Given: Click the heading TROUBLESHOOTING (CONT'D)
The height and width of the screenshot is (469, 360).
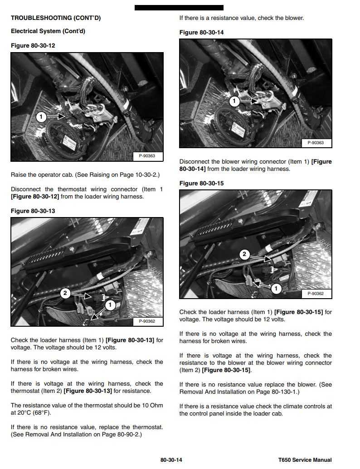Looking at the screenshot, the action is pos(56,18).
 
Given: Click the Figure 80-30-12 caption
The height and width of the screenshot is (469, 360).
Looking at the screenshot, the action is pos(33,46).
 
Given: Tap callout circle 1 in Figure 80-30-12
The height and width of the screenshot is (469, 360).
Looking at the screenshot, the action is pos(41,116).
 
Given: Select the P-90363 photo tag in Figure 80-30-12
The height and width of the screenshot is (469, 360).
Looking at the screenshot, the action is pos(147,156).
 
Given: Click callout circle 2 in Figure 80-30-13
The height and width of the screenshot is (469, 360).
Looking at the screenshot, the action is pos(65,293).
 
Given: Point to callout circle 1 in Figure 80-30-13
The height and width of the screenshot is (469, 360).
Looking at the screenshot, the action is pos(110,305).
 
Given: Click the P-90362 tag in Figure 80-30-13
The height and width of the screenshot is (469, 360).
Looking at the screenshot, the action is pos(147,321).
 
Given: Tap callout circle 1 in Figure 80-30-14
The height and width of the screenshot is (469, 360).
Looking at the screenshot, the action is pos(234,101).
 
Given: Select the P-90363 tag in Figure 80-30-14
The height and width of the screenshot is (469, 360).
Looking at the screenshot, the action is pos(316,143).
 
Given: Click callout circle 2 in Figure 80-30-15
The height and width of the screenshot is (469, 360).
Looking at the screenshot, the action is pos(244,254).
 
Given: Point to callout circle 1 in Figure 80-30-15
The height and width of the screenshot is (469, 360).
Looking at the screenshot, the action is pos(276,289).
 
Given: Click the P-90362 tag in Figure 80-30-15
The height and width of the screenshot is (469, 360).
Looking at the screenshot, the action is pos(316,294).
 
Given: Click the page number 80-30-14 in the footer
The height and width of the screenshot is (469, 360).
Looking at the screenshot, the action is pos(171,460).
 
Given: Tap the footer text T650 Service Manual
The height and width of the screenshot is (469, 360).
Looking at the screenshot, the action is pos(305,460).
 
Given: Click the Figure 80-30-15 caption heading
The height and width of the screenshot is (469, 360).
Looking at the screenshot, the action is pos(201,184).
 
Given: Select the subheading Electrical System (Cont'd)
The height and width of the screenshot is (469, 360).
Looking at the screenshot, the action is pos(48,31).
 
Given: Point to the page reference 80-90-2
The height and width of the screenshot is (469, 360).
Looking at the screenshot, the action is pos(128,435).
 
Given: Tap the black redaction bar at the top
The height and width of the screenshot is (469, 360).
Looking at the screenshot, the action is pos(179,8).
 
